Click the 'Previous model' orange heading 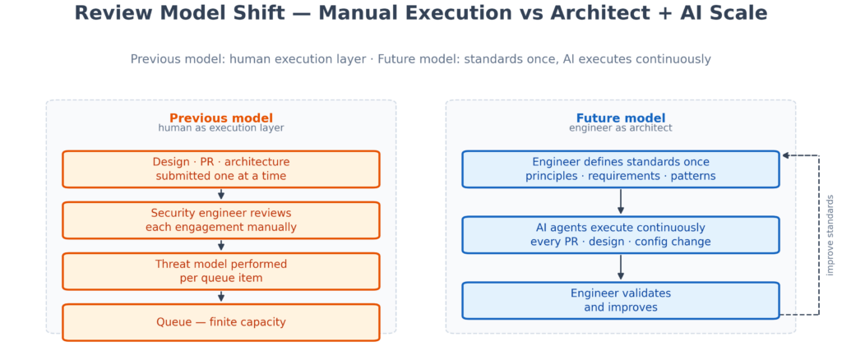coord(220,118)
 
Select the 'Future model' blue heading coord(620,118)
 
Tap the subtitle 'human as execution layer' coord(220,128)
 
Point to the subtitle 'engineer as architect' coord(620,128)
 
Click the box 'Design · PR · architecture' coord(220,169)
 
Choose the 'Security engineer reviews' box coord(220,220)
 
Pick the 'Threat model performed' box coord(220,271)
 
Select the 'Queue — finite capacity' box coord(220,322)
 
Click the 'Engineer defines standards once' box coord(620,169)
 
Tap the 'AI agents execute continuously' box coord(620,235)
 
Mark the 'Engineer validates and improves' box coord(620,301)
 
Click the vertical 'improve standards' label coord(830,235)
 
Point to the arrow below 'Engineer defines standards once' coord(620,201)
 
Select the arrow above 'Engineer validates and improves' coord(620,267)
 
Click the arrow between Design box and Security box coord(220,194)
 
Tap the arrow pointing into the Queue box coord(220,297)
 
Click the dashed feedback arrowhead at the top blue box coord(785,155)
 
